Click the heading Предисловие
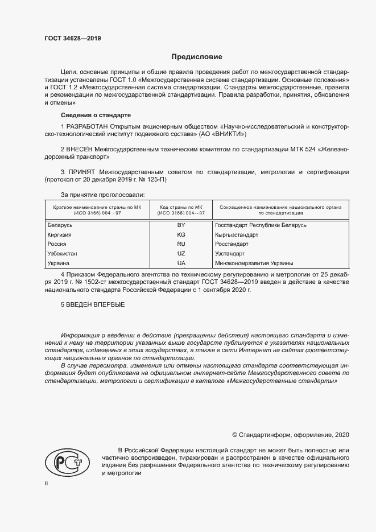(197, 57)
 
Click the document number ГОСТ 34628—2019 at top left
(73, 39)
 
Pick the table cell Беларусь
(60, 225)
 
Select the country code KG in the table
(181, 234)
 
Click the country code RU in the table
(181, 244)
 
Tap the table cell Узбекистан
(62, 254)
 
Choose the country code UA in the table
(181, 263)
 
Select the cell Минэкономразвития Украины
(254, 263)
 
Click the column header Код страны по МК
(182, 207)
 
